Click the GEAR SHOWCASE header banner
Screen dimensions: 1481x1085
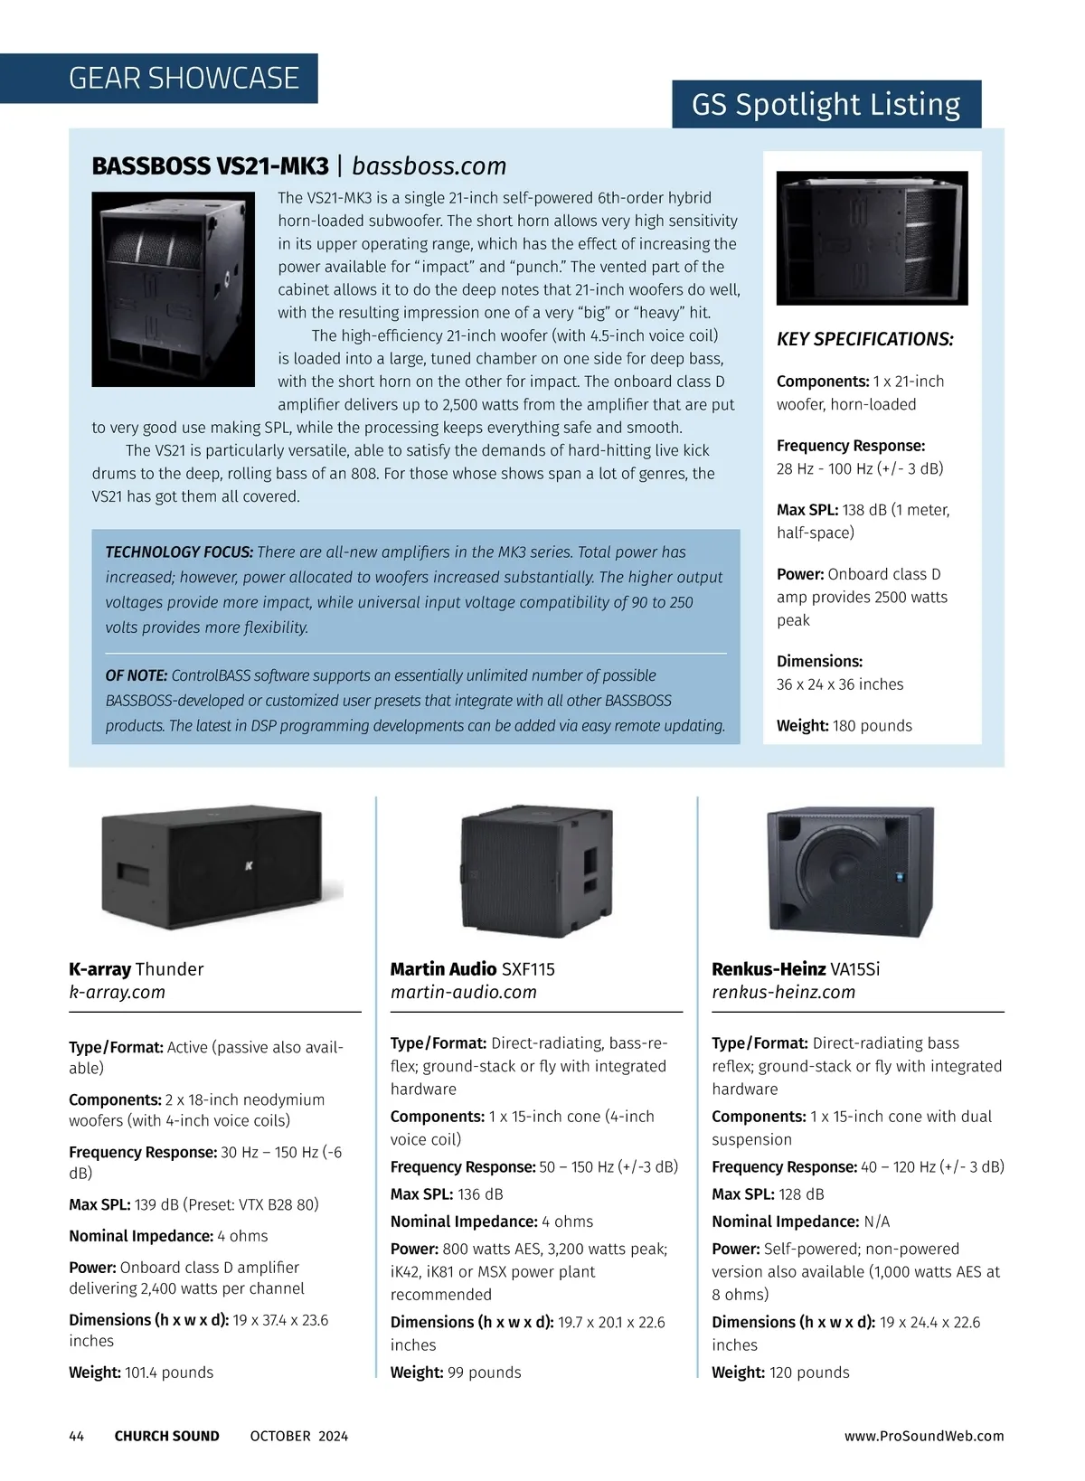tap(184, 79)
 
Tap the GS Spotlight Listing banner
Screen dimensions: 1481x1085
tap(826, 105)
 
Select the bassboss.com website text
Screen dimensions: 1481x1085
tap(429, 166)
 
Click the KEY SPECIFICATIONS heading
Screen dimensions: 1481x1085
tap(864, 339)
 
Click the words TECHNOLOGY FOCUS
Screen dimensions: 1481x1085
tap(179, 552)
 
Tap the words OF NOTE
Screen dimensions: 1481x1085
tap(137, 675)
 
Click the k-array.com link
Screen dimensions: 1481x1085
tap(118, 992)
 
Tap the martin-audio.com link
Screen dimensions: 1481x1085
tap(463, 992)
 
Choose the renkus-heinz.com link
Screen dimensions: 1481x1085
tap(783, 992)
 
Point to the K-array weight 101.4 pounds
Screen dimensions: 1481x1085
tap(169, 1372)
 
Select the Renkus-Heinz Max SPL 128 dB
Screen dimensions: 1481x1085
tap(801, 1194)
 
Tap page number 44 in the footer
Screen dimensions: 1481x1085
tap(77, 1436)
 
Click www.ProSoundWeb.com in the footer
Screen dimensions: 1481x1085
tap(923, 1436)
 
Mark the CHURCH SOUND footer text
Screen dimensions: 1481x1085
tap(166, 1436)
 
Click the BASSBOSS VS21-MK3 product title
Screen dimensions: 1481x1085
tap(211, 166)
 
